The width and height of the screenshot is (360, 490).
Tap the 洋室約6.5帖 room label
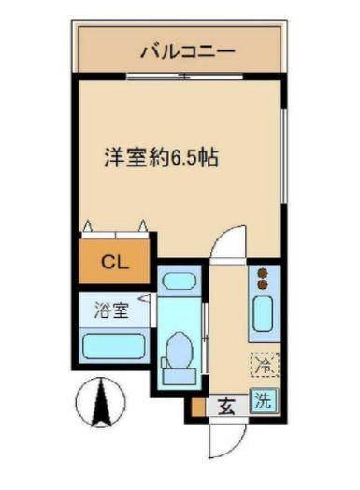click(x=162, y=157)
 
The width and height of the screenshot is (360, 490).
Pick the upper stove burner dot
click(x=262, y=272)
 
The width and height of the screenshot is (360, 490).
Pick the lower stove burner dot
click(x=262, y=284)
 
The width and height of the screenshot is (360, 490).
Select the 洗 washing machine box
click(x=265, y=403)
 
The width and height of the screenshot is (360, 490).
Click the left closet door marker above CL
click(x=88, y=225)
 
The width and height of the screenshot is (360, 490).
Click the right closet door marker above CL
click(x=142, y=225)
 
